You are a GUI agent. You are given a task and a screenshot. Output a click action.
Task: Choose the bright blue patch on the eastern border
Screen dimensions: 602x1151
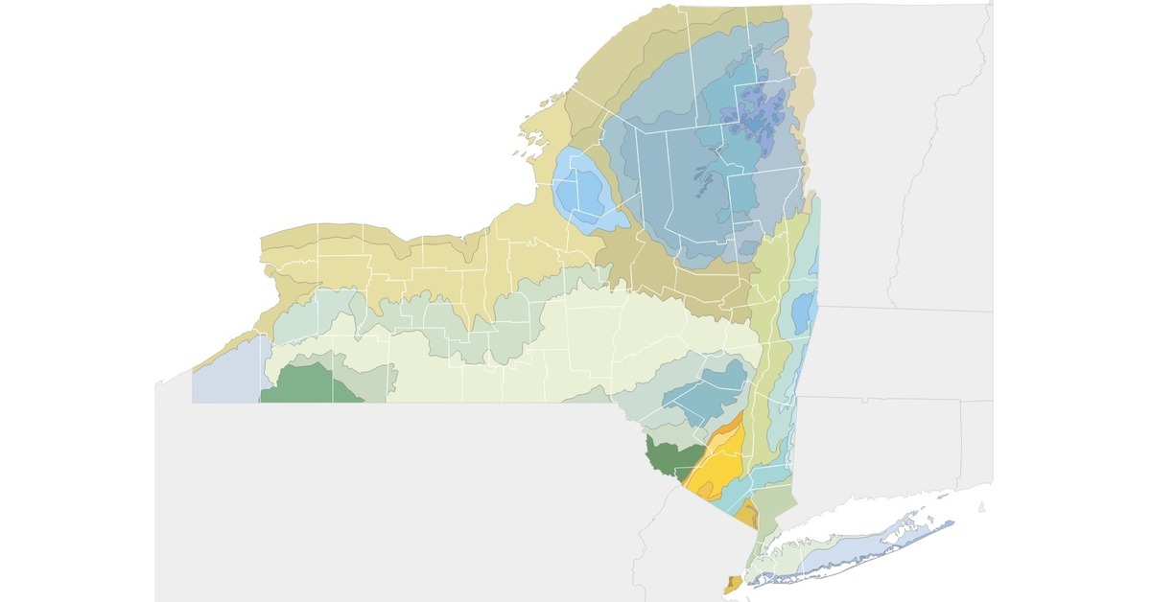[804, 313]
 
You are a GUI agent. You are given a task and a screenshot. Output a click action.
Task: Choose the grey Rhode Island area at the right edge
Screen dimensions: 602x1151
[978, 441]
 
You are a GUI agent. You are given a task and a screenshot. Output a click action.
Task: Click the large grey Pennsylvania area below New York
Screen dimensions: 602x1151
[403, 498]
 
